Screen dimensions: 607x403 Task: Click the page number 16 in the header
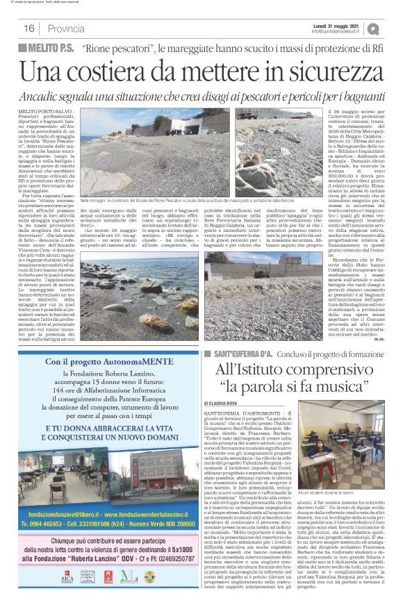pos(29,28)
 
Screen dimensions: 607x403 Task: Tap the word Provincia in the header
pos(67,28)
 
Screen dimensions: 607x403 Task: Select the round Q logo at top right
pos(393,28)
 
